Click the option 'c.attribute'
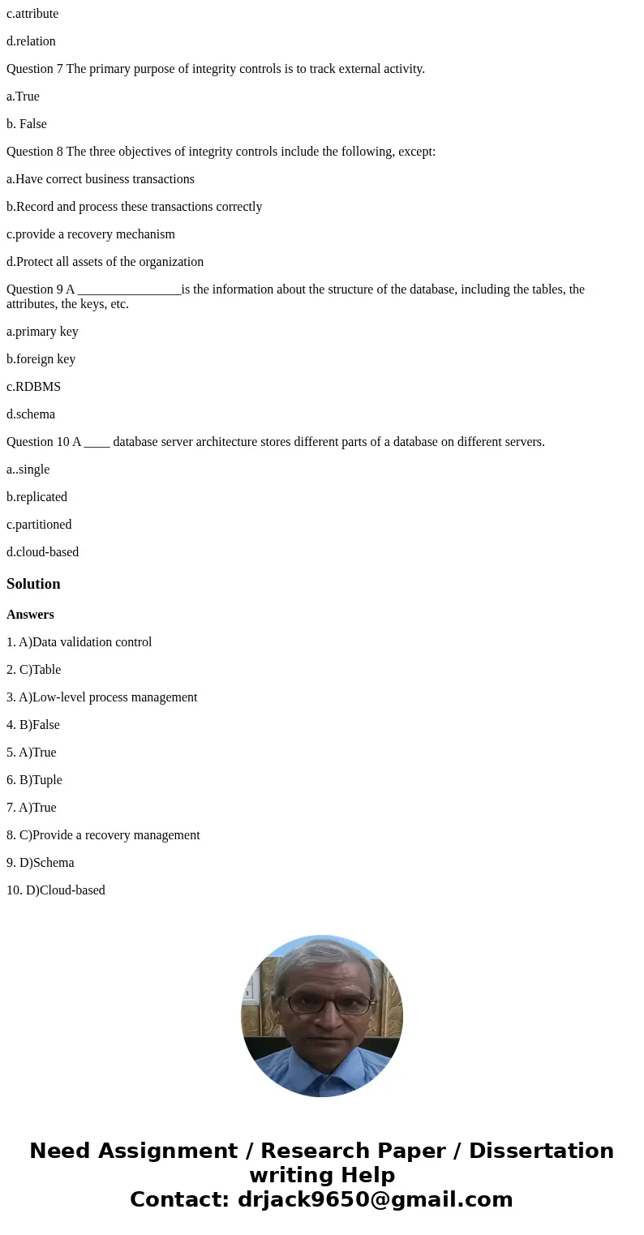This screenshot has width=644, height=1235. coord(32,14)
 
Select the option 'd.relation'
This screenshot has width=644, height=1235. coord(31,41)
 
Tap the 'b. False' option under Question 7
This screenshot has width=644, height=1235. coord(27,124)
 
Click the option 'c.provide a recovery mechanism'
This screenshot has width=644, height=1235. coord(91,234)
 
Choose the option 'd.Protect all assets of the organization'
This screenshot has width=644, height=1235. coord(105,262)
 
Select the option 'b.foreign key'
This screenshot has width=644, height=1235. coord(41,359)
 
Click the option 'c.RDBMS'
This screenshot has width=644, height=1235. coord(33,387)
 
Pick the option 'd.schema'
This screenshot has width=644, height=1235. coord(31,414)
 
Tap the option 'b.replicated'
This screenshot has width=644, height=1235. coord(36,497)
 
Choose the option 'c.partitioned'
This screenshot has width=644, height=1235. coord(39,525)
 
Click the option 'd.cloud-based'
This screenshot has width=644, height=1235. coord(42,552)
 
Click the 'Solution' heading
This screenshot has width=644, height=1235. coord(33,584)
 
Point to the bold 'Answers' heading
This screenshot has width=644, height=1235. coord(30,615)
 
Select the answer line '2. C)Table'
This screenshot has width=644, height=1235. coord(33,670)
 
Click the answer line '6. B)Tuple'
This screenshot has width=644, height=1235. coord(34,780)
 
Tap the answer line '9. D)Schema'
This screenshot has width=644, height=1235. coord(40,863)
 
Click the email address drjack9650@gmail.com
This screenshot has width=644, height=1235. coord(375,1199)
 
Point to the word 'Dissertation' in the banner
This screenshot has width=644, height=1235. coord(541,1151)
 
